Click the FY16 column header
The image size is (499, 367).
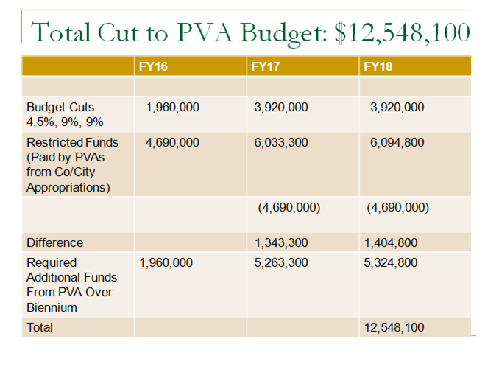click(x=153, y=66)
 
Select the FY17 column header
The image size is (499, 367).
click(x=266, y=66)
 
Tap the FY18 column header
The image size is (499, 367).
click(x=378, y=66)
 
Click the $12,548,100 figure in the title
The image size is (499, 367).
click(x=403, y=32)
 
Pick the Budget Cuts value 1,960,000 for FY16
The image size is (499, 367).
click(x=172, y=108)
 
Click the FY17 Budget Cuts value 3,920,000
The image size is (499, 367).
click(x=281, y=108)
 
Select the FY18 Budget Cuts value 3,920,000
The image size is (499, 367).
click(x=397, y=108)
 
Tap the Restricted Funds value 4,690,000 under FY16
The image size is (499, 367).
click(x=172, y=142)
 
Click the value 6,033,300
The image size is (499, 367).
click(x=281, y=142)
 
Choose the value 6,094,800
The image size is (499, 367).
click(x=397, y=142)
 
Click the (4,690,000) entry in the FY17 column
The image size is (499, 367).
click(x=289, y=207)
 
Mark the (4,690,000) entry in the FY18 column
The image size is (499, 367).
click(x=397, y=207)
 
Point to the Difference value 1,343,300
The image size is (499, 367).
click(x=281, y=242)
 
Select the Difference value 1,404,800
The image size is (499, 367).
click(x=391, y=242)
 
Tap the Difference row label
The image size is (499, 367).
click(x=54, y=242)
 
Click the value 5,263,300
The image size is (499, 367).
click(x=281, y=263)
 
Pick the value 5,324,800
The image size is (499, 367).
click(x=391, y=263)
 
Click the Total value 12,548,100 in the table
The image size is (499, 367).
click(x=394, y=327)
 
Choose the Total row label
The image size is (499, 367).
click(x=40, y=327)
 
